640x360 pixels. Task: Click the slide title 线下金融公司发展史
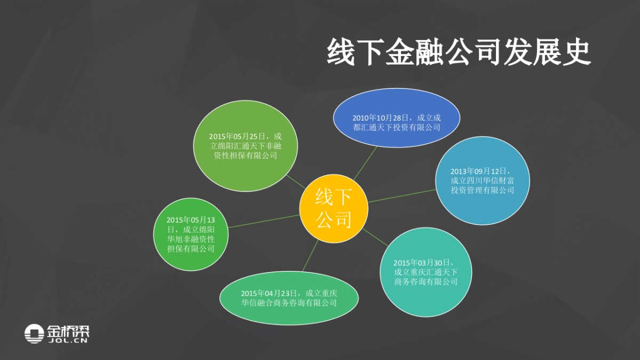[459, 52]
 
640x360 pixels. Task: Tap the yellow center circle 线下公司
[334, 209]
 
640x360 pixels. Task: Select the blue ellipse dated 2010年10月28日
[396, 118]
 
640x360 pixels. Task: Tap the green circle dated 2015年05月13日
[190, 234]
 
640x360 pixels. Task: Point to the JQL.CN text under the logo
[68, 340]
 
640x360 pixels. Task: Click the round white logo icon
[34, 334]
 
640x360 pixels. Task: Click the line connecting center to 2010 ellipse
[365, 162]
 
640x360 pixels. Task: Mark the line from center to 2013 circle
[401, 196]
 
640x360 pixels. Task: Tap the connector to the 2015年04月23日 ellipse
[310, 255]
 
